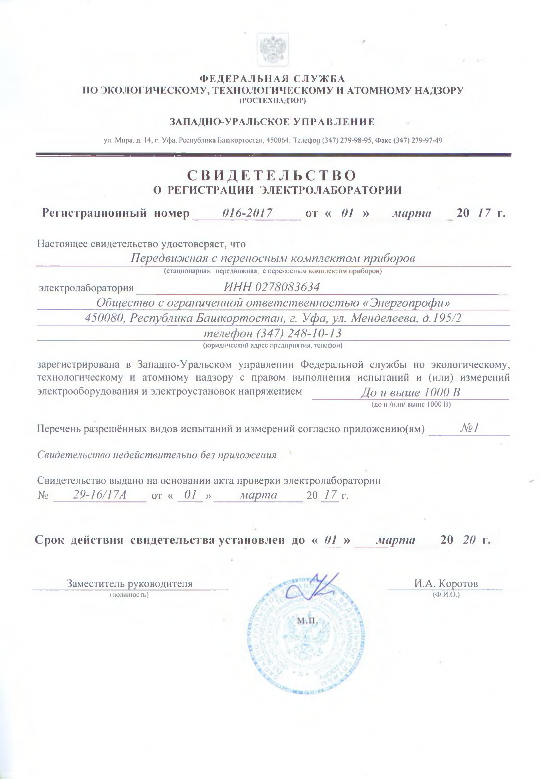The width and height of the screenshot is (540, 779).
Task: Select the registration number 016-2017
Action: [x=247, y=213]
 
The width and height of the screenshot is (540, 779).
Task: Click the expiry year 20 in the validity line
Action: [x=470, y=540]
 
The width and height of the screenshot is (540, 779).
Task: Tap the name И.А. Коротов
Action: [x=446, y=583]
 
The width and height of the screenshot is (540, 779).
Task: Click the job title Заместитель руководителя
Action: [x=130, y=583]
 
